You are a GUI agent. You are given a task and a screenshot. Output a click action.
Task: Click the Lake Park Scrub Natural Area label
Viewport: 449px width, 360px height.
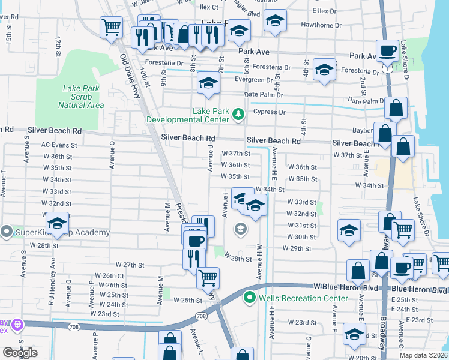[80, 97]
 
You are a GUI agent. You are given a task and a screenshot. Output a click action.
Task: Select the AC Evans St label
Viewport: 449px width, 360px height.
[59, 145]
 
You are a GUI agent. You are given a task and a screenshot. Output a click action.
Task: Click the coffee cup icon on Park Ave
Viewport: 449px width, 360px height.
[387, 50]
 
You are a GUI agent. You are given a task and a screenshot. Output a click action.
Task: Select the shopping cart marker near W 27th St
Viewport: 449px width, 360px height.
[208, 277]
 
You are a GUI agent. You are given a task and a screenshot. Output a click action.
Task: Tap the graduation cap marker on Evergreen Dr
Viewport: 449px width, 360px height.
[208, 83]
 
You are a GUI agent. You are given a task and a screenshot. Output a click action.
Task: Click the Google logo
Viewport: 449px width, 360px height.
[20, 353]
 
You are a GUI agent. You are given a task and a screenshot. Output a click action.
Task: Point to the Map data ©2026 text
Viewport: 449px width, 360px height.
[423, 355]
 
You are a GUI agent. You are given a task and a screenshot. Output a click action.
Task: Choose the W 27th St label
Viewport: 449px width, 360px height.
[130, 265]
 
